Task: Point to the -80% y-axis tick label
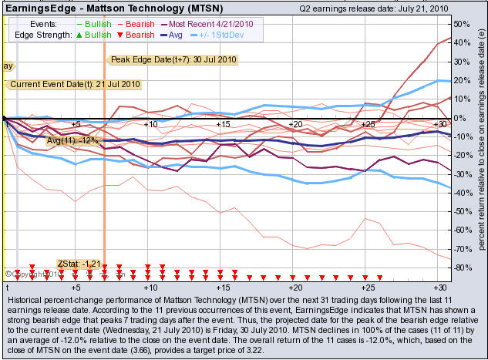(463, 267)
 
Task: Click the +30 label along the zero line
(440, 124)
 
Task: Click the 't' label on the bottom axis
(6, 287)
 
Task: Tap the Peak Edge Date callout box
(162, 59)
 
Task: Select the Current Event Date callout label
(65, 84)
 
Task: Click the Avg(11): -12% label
(73, 140)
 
